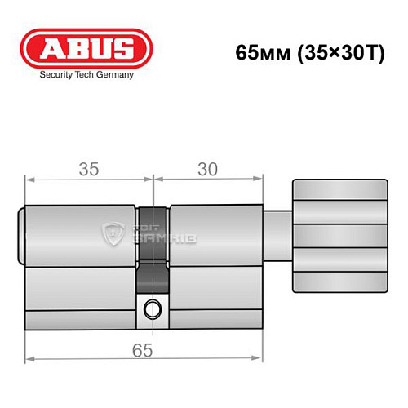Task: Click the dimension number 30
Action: pyautogui.click(x=209, y=170)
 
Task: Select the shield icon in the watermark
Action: pyautogui.click(x=113, y=234)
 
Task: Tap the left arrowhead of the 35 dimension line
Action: pyautogui.click(x=29, y=177)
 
